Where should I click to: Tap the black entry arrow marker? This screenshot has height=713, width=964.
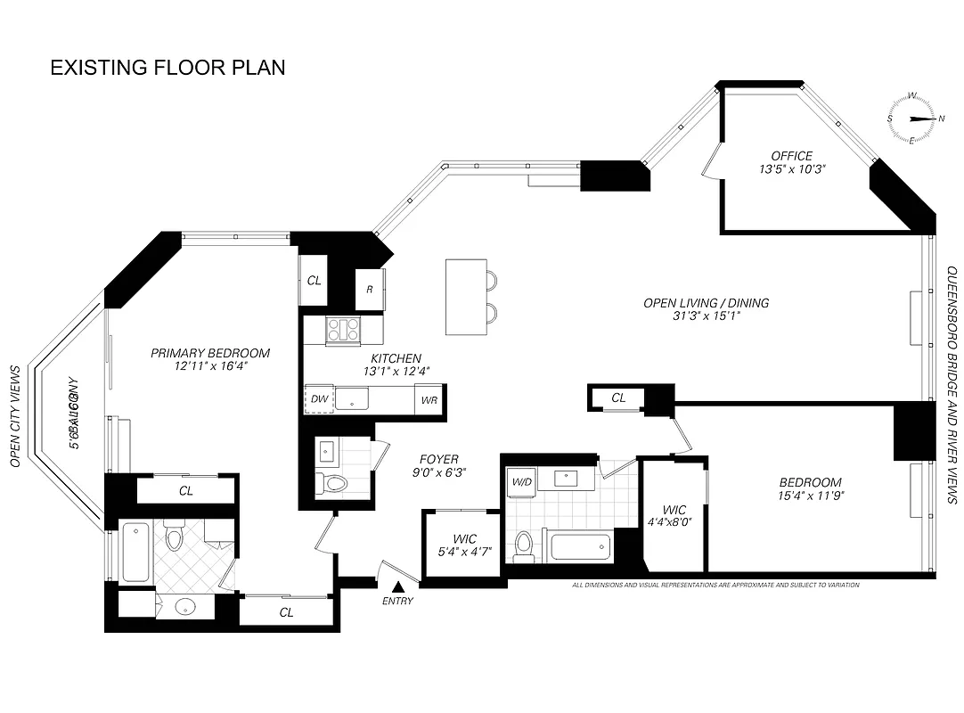[x=398, y=586]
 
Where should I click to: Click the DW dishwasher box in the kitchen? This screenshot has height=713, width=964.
[x=319, y=399]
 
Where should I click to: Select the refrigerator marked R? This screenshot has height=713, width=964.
[x=370, y=290]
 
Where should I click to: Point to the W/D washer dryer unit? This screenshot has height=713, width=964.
[x=521, y=482]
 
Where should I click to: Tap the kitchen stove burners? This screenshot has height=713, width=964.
[x=342, y=331]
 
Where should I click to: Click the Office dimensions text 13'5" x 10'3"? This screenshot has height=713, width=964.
[x=792, y=169]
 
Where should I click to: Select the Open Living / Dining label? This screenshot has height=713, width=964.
[x=706, y=303]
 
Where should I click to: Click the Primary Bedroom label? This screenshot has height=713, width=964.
[x=209, y=353]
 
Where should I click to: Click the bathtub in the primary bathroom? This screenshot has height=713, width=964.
[x=135, y=550]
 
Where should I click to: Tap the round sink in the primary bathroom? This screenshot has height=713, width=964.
[x=185, y=609]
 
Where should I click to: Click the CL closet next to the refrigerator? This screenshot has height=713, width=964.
[x=314, y=281]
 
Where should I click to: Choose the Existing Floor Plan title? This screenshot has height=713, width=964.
[x=167, y=68]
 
